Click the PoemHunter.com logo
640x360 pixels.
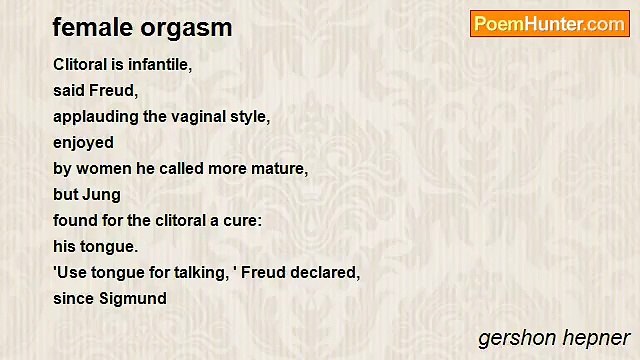click(x=549, y=24)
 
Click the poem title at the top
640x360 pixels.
click(x=142, y=27)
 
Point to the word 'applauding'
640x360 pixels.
click(x=96, y=117)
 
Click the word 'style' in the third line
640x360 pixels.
click(x=249, y=117)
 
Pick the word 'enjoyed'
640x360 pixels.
click(x=83, y=143)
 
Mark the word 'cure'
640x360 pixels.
click(x=242, y=221)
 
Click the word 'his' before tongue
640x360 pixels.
click(x=65, y=247)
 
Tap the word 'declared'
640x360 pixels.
click(x=324, y=273)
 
